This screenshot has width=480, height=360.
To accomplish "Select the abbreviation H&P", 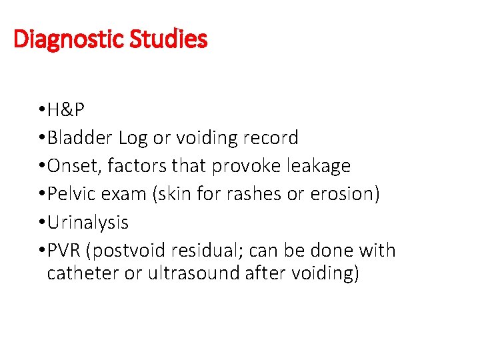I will tap(65, 110).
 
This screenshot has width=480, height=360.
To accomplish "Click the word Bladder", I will tap(80, 138).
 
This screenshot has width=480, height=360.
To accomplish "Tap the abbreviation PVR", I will tap(65, 251).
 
